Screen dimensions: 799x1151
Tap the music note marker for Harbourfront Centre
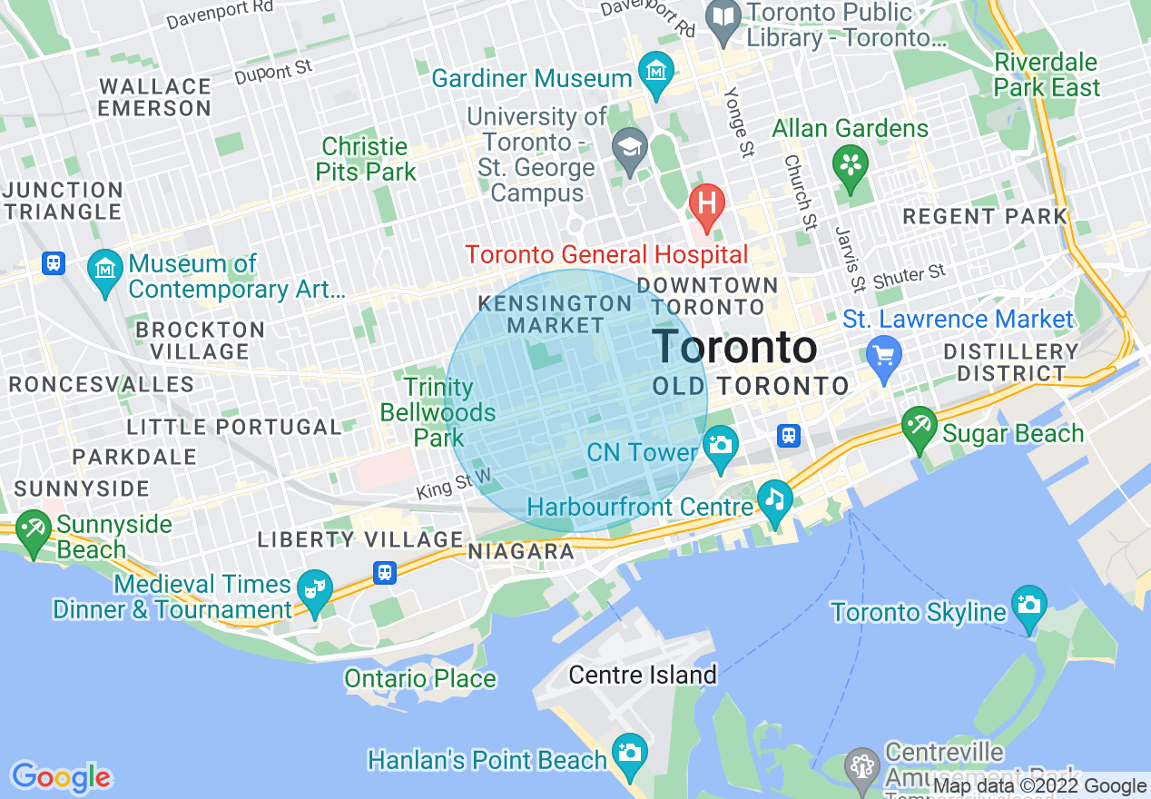point(774,499)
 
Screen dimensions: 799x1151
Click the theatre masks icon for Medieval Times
point(315,589)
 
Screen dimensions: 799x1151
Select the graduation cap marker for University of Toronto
point(627,148)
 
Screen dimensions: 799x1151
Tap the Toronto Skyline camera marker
point(1029,606)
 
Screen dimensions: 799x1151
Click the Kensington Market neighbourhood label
point(555,314)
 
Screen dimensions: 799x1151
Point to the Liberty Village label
point(360,539)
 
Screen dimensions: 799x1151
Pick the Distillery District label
point(1010,362)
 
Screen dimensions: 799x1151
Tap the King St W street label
point(454,483)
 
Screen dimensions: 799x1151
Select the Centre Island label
point(643,675)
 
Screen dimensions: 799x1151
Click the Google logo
point(61,777)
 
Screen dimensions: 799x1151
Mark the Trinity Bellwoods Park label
point(438,412)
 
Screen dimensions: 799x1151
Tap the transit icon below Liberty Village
point(386,573)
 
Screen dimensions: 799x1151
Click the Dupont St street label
point(273,72)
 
